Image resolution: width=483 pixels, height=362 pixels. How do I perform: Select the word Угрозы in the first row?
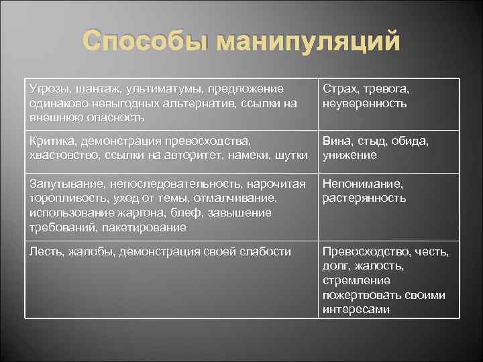tap(50, 89)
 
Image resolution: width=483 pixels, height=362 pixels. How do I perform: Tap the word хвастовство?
tap(65, 155)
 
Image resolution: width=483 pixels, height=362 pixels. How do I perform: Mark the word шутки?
tap(289, 155)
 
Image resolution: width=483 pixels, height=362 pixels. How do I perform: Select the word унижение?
tap(350, 155)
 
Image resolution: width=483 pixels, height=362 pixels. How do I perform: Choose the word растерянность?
tap(364, 198)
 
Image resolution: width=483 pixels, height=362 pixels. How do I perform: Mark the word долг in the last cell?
tap(335, 265)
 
